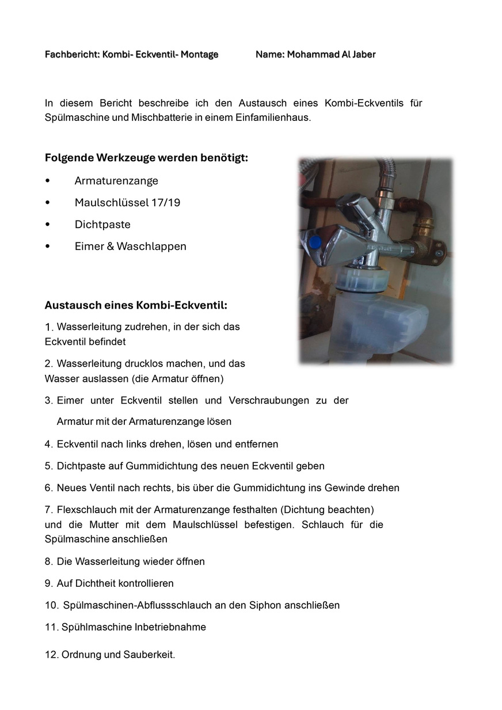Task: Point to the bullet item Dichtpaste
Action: click(102, 225)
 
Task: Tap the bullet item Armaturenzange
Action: click(116, 181)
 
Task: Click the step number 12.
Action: click(51, 655)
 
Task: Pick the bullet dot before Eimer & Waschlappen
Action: click(48, 246)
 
